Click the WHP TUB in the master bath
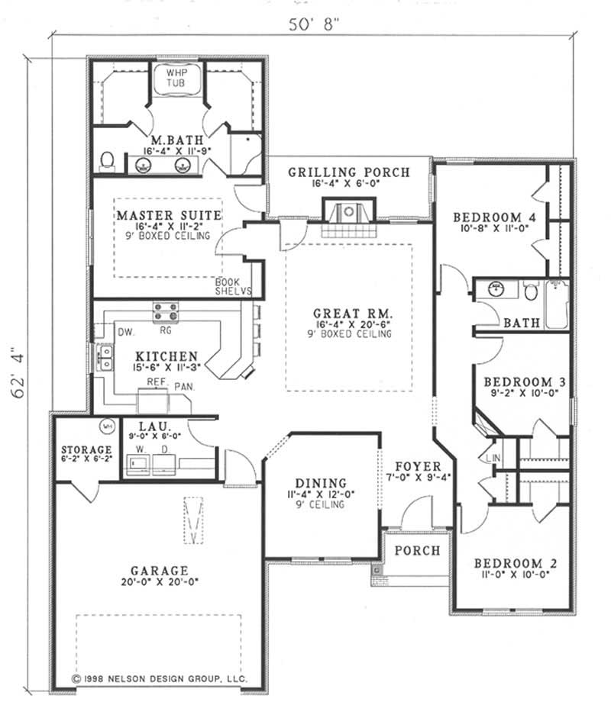point(181,79)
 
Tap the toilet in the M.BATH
point(108,159)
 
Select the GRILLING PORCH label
point(348,172)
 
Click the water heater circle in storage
point(108,426)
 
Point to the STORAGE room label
point(86,450)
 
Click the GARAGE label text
point(159,570)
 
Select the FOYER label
point(417,466)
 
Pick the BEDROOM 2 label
point(515,564)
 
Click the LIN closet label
point(491,457)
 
